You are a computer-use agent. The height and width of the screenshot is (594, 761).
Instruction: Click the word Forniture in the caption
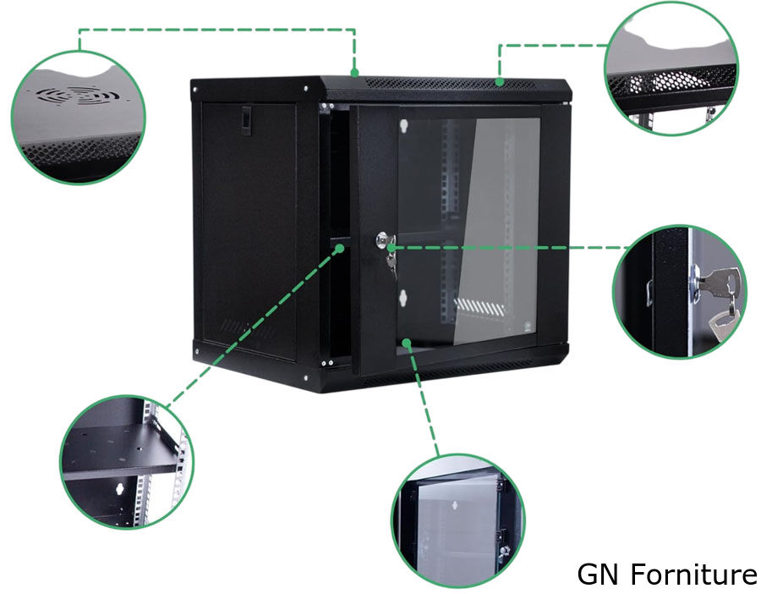pos(694,574)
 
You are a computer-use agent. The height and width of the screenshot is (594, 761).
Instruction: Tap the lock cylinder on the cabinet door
pos(382,240)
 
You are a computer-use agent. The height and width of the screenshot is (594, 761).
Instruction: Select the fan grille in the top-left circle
pos(78,95)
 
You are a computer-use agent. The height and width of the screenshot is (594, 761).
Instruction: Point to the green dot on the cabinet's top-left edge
pos(355,73)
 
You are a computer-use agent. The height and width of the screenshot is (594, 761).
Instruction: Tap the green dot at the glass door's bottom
pos(407,344)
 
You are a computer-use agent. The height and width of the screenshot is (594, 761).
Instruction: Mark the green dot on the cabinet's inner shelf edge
pos(340,248)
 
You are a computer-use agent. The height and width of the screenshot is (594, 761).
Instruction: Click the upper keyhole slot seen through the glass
pos(403,126)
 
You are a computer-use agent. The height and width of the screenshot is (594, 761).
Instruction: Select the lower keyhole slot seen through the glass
pos(402,298)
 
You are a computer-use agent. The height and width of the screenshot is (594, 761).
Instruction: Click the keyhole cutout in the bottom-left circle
pos(118,490)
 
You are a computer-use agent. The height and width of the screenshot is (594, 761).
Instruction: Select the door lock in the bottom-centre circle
pos(503,551)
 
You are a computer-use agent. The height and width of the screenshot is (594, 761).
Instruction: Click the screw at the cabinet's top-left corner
pos(195,90)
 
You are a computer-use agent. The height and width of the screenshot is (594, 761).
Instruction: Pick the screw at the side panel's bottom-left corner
pos(197,351)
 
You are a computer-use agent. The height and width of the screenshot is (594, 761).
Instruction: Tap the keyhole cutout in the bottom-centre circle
pos(456,504)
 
